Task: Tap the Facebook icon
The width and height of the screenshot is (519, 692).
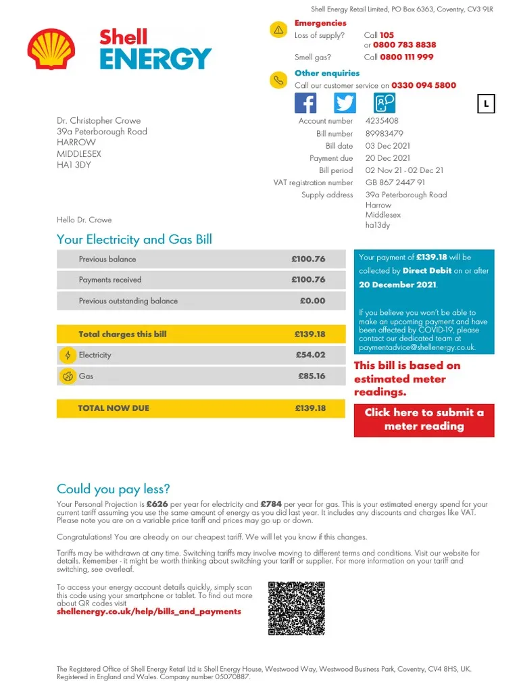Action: [305, 103]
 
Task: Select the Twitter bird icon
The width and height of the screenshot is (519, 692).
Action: [345, 103]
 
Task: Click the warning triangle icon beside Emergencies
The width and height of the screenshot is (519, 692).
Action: [278, 30]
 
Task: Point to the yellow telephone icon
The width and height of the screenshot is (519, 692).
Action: [278, 80]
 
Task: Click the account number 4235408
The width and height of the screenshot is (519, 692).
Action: [382, 121]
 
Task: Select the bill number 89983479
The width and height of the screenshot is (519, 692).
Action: [384, 134]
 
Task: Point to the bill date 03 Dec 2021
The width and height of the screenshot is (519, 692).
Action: [387, 146]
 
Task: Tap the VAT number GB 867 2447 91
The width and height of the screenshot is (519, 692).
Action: [395, 182]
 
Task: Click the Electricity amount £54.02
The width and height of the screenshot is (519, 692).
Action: [310, 355]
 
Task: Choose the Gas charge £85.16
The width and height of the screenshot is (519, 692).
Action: [312, 376]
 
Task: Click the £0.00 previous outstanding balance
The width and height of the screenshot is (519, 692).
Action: [312, 301]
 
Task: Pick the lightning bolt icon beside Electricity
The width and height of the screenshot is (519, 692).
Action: [68, 355]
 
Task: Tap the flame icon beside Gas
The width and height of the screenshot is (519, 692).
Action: [68, 376]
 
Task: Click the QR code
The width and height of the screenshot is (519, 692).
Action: [297, 608]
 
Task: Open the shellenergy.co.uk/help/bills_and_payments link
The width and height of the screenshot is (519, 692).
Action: [149, 612]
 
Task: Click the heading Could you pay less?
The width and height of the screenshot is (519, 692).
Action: [114, 489]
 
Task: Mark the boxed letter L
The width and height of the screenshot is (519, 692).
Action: [486, 104]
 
